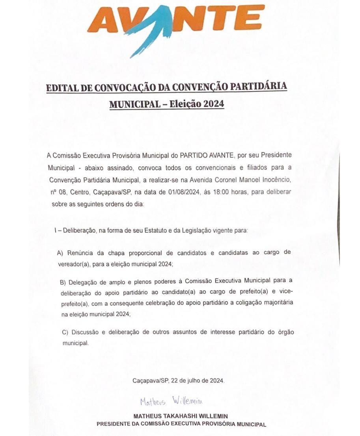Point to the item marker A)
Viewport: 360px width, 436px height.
click(61, 253)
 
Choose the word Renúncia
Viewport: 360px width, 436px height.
click(79, 253)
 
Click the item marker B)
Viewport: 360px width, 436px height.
click(63, 282)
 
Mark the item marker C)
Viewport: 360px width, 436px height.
click(65, 332)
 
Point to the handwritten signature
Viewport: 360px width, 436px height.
click(171, 402)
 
